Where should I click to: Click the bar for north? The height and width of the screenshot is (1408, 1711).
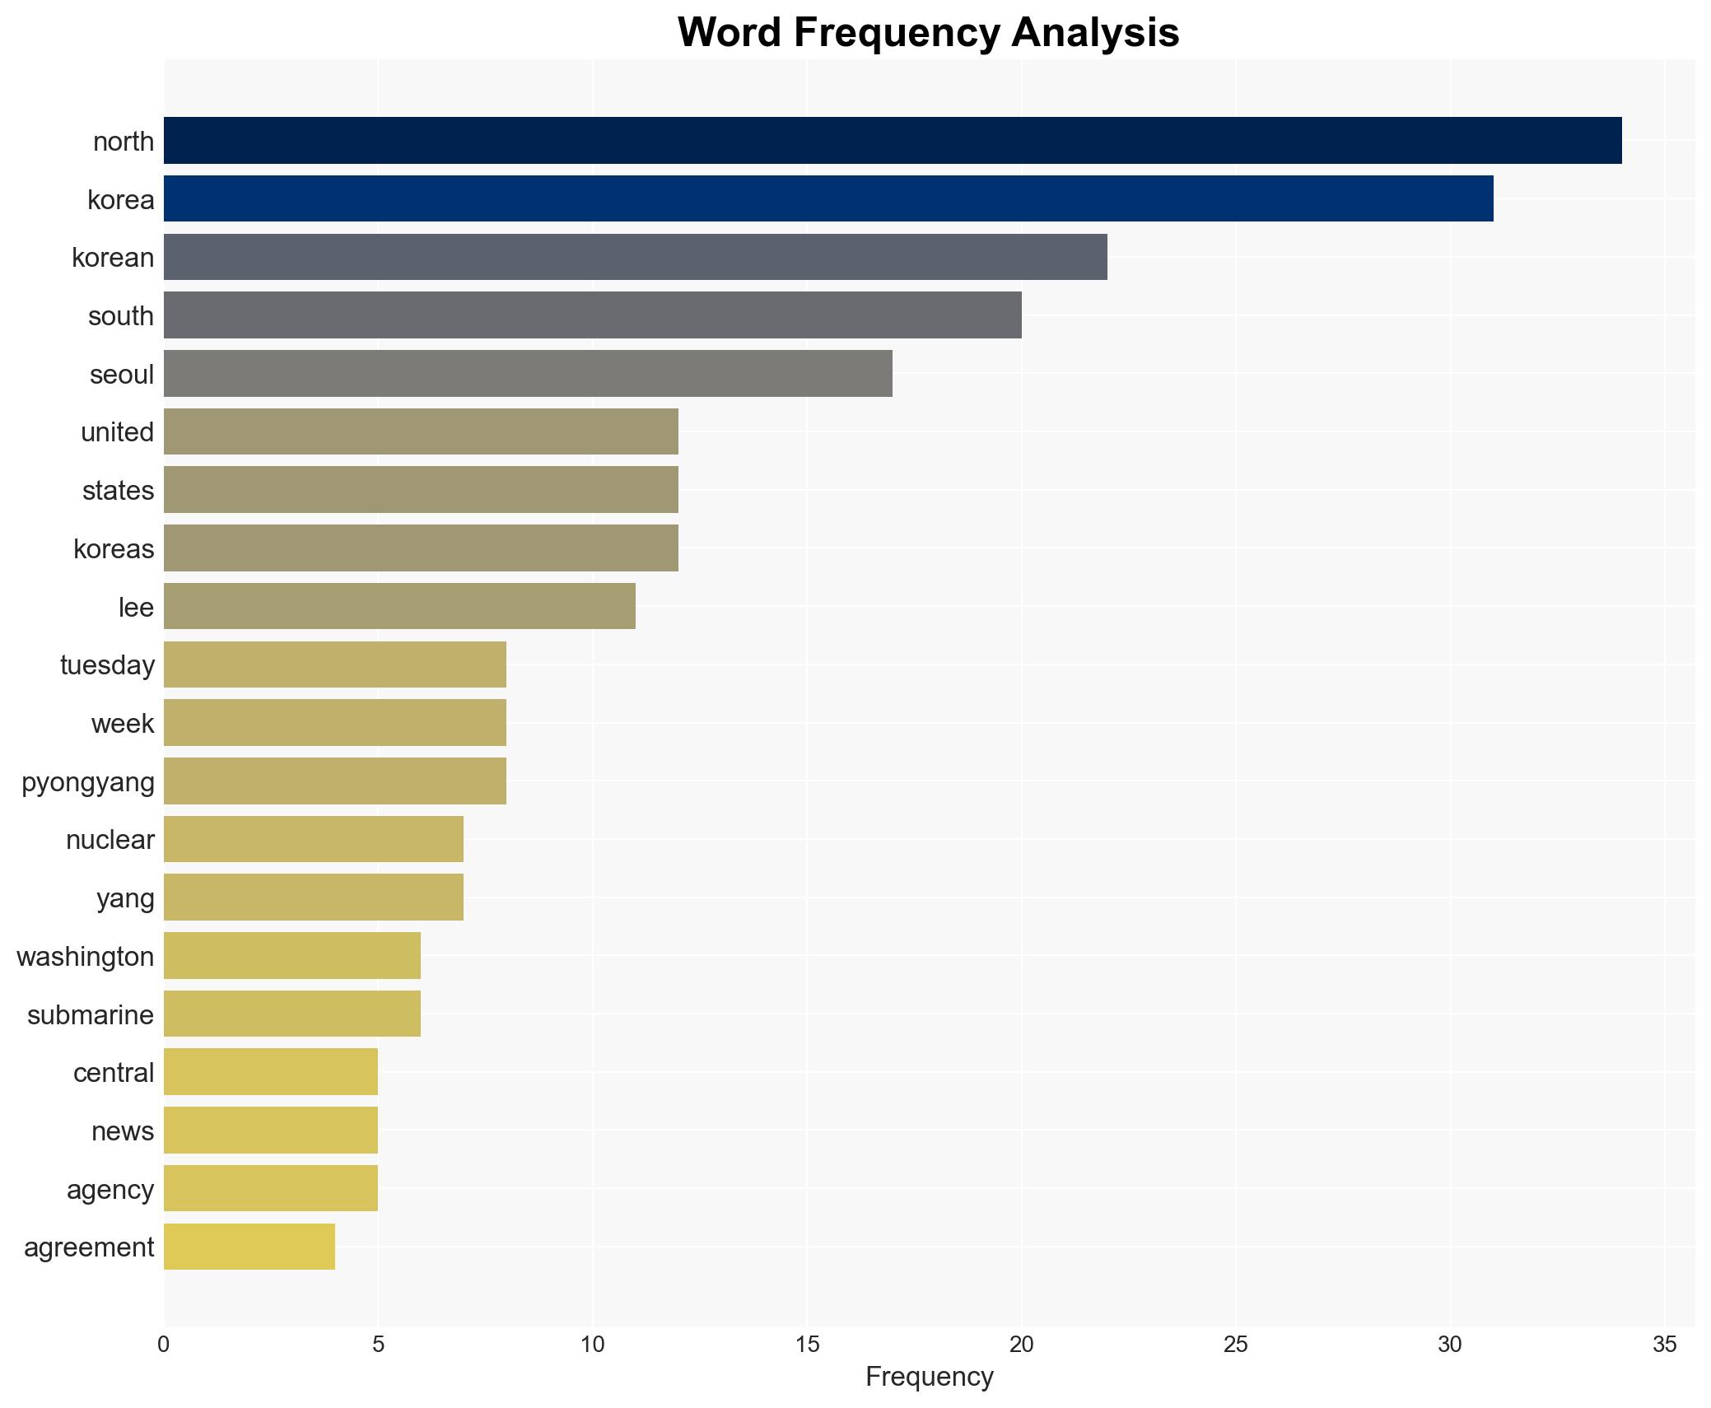[893, 141]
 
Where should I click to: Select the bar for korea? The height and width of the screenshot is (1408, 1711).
[828, 198]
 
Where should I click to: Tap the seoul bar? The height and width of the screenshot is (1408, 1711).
[528, 374]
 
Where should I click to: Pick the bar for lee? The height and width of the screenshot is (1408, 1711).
[399, 607]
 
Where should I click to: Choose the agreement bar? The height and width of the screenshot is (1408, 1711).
[249, 1247]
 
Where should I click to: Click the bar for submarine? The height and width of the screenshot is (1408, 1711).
[292, 1014]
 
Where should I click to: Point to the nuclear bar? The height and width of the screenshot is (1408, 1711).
[314, 839]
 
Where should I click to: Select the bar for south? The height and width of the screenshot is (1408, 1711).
[593, 315]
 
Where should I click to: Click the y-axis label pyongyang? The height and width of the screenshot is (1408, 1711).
[88, 782]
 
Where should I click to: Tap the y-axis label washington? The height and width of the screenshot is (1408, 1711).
[86, 957]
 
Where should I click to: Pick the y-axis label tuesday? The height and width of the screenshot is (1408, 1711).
[107, 665]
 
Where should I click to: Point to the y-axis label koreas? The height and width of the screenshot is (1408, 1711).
[114, 548]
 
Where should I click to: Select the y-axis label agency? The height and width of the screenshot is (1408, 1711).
[110, 1190]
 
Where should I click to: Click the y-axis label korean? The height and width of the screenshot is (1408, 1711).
[113, 258]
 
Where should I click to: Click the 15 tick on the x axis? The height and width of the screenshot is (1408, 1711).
[807, 1345]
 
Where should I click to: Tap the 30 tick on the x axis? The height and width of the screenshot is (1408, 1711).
[1450, 1345]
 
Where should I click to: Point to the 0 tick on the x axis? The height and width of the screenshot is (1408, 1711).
[164, 1345]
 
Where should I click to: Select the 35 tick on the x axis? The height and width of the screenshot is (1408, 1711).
[1664, 1345]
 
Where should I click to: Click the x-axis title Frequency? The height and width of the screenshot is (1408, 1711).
[929, 1377]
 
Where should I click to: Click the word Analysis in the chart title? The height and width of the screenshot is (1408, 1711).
[1095, 33]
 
